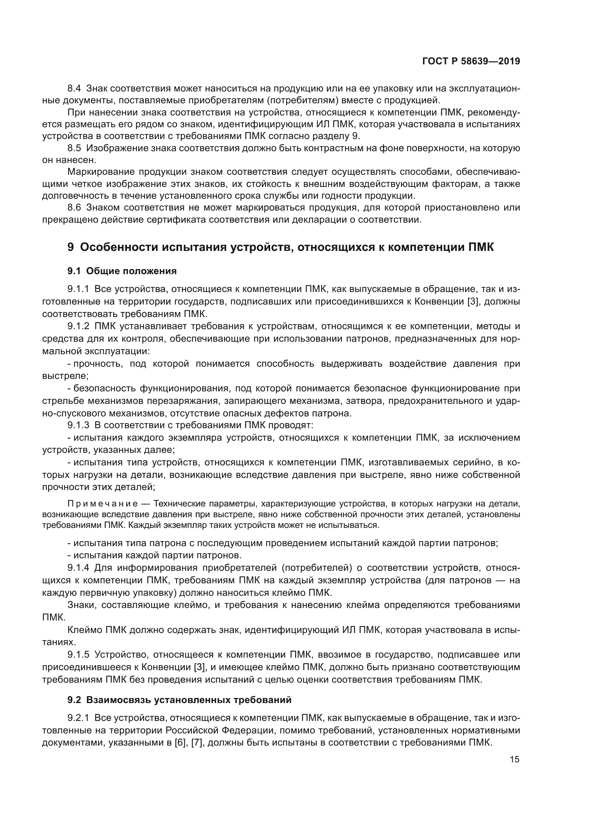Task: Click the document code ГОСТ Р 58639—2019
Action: (x=471, y=61)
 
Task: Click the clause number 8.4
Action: (x=75, y=89)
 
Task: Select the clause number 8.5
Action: (x=75, y=148)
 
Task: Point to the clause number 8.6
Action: (x=75, y=208)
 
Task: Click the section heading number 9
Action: (x=71, y=247)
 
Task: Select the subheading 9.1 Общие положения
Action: (x=122, y=271)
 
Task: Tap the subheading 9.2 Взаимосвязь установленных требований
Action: (x=179, y=700)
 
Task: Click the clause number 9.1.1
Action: (x=78, y=290)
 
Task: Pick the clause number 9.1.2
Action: (x=78, y=326)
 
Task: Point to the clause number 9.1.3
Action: (x=78, y=425)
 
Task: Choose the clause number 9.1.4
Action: (x=78, y=568)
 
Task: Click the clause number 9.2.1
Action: (x=78, y=718)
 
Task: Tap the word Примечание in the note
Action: (x=102, y=504)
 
